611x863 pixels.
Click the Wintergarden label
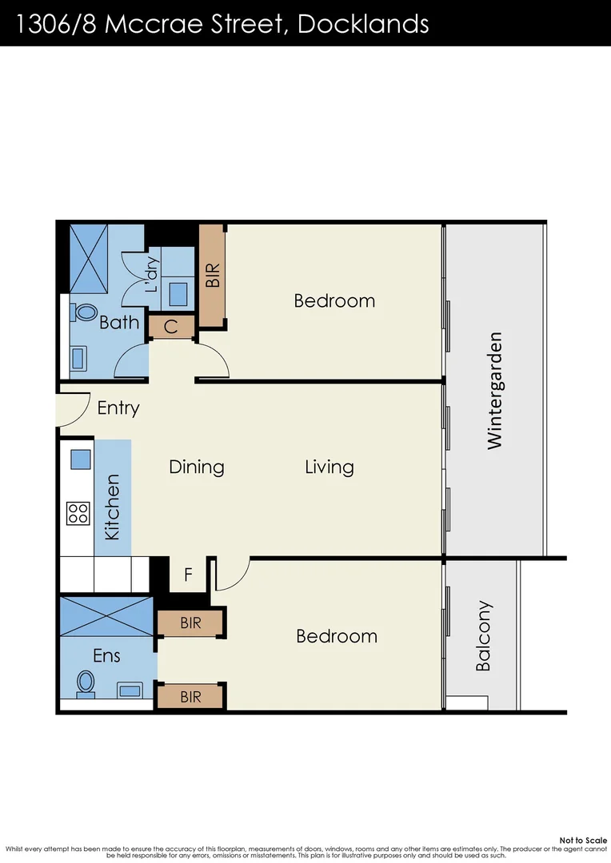click(x=495, y=390)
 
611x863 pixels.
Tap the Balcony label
click(x=483, y=636)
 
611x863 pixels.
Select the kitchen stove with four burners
click(x=78, y=512)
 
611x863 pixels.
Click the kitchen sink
click(x=79, y=459)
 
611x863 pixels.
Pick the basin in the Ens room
click(x=130, y=689)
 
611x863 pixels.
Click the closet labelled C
click(x=171, y=327)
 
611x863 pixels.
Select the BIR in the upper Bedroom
click(x=212, y=276)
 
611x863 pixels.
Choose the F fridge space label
click(x=188, y=575)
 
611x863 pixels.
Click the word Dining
click(x=197, y=467)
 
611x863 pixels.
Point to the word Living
click(x=329, y=467)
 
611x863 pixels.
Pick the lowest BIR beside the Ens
click(x=190, y=697)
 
